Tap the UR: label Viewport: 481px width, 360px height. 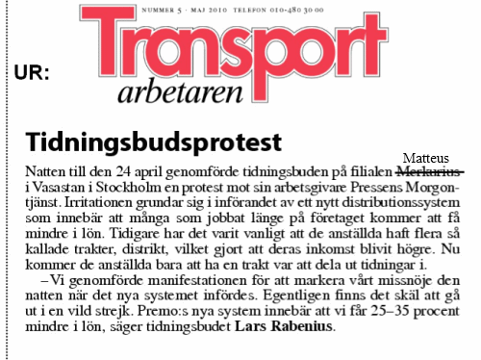(34, 73)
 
